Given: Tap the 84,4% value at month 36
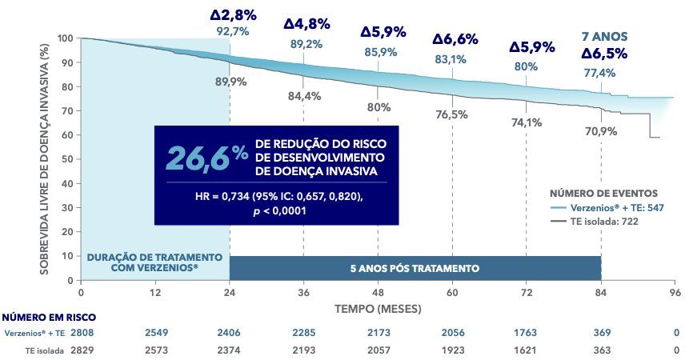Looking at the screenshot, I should [304, 96].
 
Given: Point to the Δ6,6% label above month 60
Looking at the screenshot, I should [455, 39].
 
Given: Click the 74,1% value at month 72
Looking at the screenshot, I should [526, 122].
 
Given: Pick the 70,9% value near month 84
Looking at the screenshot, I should [600, 130].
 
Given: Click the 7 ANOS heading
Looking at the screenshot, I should [603, 36].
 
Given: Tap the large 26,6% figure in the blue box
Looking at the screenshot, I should [206, 155].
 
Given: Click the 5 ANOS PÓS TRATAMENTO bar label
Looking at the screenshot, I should [415, 268].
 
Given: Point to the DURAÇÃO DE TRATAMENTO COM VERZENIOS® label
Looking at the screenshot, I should [154, 262].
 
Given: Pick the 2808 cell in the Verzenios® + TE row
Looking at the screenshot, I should [82, 332].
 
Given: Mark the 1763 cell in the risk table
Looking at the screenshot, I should [526, 332].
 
